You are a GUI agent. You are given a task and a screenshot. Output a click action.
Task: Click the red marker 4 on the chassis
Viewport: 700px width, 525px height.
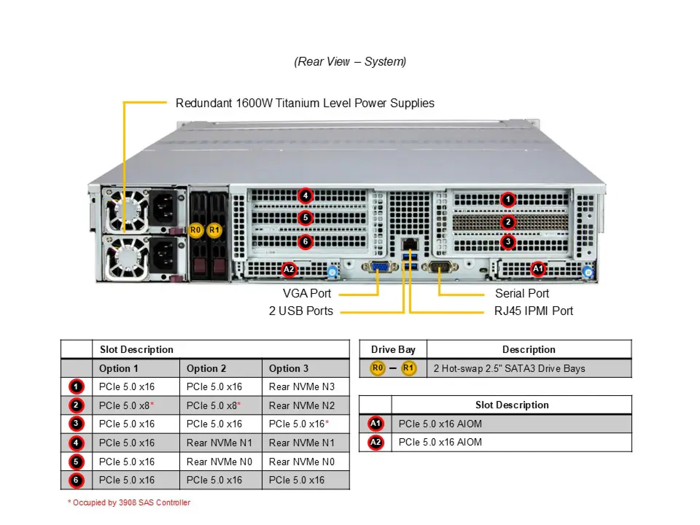point(306,196)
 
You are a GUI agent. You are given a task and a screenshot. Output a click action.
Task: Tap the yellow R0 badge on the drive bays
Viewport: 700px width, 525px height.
point(195,230)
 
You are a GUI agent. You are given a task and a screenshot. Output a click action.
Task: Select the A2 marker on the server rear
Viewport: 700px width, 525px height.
point(289,269)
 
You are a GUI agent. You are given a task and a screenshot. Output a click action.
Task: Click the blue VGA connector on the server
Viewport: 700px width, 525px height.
point(380,267)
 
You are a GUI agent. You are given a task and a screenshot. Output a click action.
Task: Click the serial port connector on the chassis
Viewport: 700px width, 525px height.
point(440,267)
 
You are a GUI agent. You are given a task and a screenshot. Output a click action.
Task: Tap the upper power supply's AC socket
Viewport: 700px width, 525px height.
point(164,210)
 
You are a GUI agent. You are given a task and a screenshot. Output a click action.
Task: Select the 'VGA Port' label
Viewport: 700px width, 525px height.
point(307,293)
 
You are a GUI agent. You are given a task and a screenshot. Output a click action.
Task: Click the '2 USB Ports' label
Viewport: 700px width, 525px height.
point(301,311)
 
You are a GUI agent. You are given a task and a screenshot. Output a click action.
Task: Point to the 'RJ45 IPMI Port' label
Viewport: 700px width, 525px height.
point(533,311)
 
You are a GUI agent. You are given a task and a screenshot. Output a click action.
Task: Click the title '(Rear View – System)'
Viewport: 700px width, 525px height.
point(350,62)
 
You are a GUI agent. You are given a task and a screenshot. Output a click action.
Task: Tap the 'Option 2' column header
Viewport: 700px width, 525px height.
point(206,369)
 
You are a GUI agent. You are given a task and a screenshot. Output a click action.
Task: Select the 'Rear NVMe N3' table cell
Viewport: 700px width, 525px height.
point(302,387)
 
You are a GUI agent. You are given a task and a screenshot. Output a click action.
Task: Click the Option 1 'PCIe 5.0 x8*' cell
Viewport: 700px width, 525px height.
point(126,406)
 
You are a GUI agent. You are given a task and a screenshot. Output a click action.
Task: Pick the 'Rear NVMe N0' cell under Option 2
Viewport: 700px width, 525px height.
point(219,462)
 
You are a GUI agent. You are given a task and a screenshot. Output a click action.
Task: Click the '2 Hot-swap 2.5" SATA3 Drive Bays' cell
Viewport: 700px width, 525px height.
point(509,369)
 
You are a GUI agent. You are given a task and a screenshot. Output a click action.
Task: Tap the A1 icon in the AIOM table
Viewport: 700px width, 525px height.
point(376,424)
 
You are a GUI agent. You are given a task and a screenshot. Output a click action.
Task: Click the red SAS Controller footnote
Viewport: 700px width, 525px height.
point(129,503)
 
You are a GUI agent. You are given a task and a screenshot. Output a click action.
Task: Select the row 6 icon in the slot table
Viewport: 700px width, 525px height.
point(76,480)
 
